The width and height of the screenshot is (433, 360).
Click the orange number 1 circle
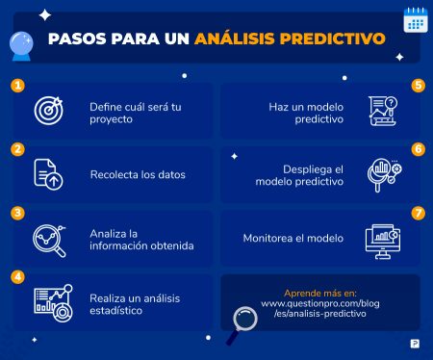[x=17, y=86]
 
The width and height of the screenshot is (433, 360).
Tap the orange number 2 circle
[x=17, y=149]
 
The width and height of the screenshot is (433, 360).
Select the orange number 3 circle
[x=17, y=213]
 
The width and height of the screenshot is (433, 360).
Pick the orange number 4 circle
[x=17, y=276]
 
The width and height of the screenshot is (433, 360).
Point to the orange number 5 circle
[x=417, y=86]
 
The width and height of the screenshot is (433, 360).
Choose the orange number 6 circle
[x=417, y=149]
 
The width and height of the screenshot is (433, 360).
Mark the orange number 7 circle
[x=417, y=213]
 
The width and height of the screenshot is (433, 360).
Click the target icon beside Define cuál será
[x=48, y=111]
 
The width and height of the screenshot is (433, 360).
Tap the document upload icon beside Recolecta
[x=48, y=174]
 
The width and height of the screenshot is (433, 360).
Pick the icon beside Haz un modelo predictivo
[x=383, y=111]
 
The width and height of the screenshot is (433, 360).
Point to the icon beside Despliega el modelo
[x=384, y=174]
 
